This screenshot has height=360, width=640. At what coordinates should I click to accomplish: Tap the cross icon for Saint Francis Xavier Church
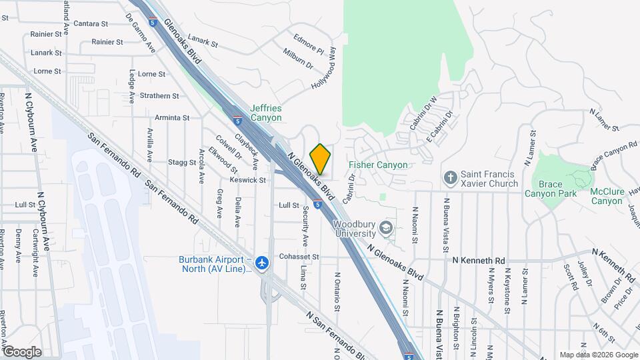point(451,177)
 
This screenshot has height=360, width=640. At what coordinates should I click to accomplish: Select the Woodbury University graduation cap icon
point(385,229)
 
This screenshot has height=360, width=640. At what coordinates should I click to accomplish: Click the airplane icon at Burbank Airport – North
point(263,263)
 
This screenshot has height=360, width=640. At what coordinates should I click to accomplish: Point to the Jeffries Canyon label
point(266,113)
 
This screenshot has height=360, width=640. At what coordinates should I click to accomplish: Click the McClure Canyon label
point(606,196)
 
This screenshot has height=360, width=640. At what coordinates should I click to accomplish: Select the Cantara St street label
point(92,23)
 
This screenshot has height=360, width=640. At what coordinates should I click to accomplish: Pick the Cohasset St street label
point(299,257)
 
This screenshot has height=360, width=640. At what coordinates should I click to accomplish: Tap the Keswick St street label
point(248,180)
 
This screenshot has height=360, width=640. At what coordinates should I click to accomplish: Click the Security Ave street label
point(305,226)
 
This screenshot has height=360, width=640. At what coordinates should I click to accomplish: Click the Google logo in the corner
point(22,352)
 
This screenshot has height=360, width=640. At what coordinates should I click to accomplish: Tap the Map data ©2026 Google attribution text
point(598,355)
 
